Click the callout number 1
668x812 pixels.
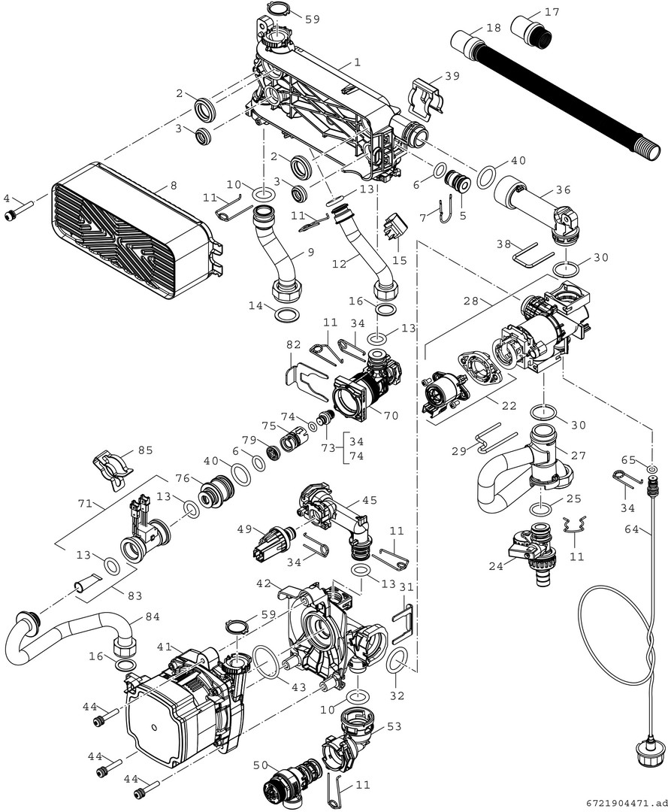point(358,63)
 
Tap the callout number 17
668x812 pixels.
point(552,13)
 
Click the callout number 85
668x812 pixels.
point(144,451)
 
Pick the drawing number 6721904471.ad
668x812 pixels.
point(623,803)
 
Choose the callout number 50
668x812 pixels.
point(259,764)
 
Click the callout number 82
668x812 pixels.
point(294,344)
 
